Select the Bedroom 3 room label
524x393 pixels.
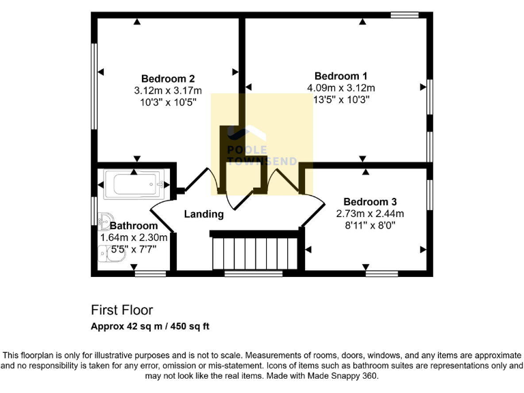(370, 202)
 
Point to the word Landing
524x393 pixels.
(204, 214)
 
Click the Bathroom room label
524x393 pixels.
(134, 226)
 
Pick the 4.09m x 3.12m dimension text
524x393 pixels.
(341, 88)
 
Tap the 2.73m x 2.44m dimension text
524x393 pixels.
(366, 214)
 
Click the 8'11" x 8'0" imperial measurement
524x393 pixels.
(366, 224)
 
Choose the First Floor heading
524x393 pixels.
(122, 310)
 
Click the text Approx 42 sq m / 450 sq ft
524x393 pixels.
(150, 326)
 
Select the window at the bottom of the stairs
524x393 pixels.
(253, 274)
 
